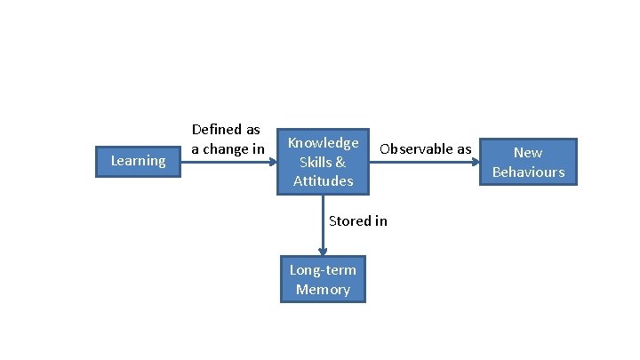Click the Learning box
pyautogui.click(x=138, y=161)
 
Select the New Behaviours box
pyautogui.click(x=528, y=162)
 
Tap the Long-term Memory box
pyautogui.click(x=323, y=280)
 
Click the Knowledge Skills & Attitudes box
pyautogui.click(x=324, y=162)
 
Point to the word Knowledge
pyautogui.click(x=324, y=142)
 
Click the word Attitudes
pyautogui.click(x=324, y=181)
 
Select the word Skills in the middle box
pyautogui.click(x=316, y=162)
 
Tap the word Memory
pyautogui.click(x=323, y=290)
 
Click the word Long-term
pyautogui.click(x=323, y=270)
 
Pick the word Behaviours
pyautogui.click(x=528, y=172)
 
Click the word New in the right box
pyautogui.click(x=528, y=152)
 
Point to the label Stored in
pyautogui.click(x=357, y=220)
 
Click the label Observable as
pyautogui.click(x=425, y=148)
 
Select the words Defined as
pyautogui.click(x=226, y=130)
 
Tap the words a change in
pyautogui.click(x=228, y=149)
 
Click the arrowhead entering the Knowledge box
pyautogui.click(x=275, y=162)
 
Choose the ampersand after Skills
pyautogui.click(x=340, y=162)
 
